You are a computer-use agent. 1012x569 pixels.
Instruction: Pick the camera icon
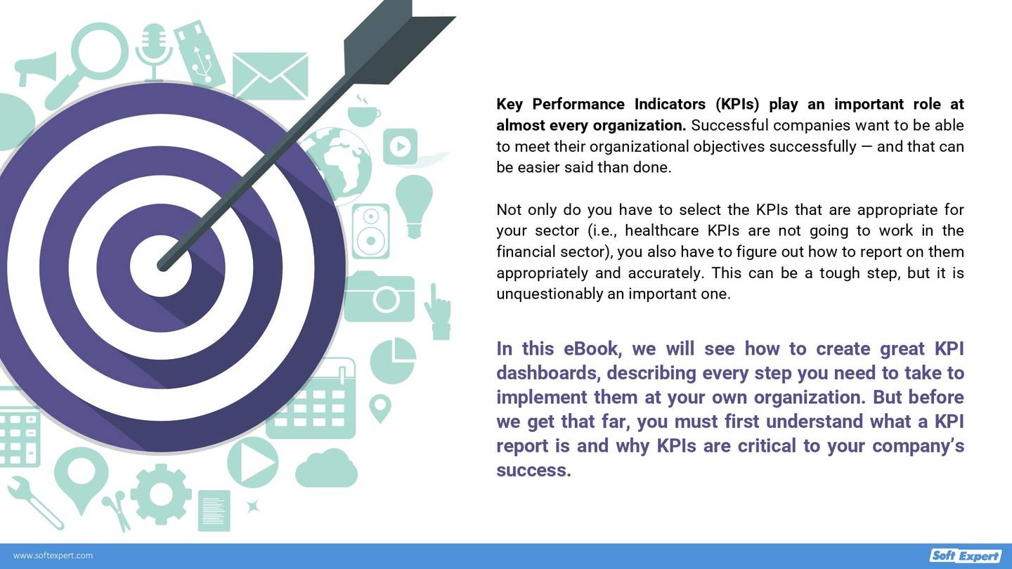(379, 296)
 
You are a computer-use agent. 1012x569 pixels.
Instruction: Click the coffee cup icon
(363, 112)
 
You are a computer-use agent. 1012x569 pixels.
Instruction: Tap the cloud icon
(327, 469)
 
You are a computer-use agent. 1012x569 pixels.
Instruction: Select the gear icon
(161, 494)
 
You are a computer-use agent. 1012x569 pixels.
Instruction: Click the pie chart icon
(393, 360)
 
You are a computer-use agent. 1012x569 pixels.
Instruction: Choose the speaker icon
(370, 231)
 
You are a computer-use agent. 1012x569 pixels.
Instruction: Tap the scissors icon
(117, 510)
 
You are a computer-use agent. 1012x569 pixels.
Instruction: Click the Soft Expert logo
(966, 556)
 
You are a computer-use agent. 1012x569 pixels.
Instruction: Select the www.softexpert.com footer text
(53, 556)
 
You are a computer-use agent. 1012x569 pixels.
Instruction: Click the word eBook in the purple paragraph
(591, 348)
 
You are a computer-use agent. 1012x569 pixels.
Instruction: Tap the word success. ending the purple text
(533, 469)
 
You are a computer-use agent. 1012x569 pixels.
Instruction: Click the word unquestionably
(549, 294)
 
